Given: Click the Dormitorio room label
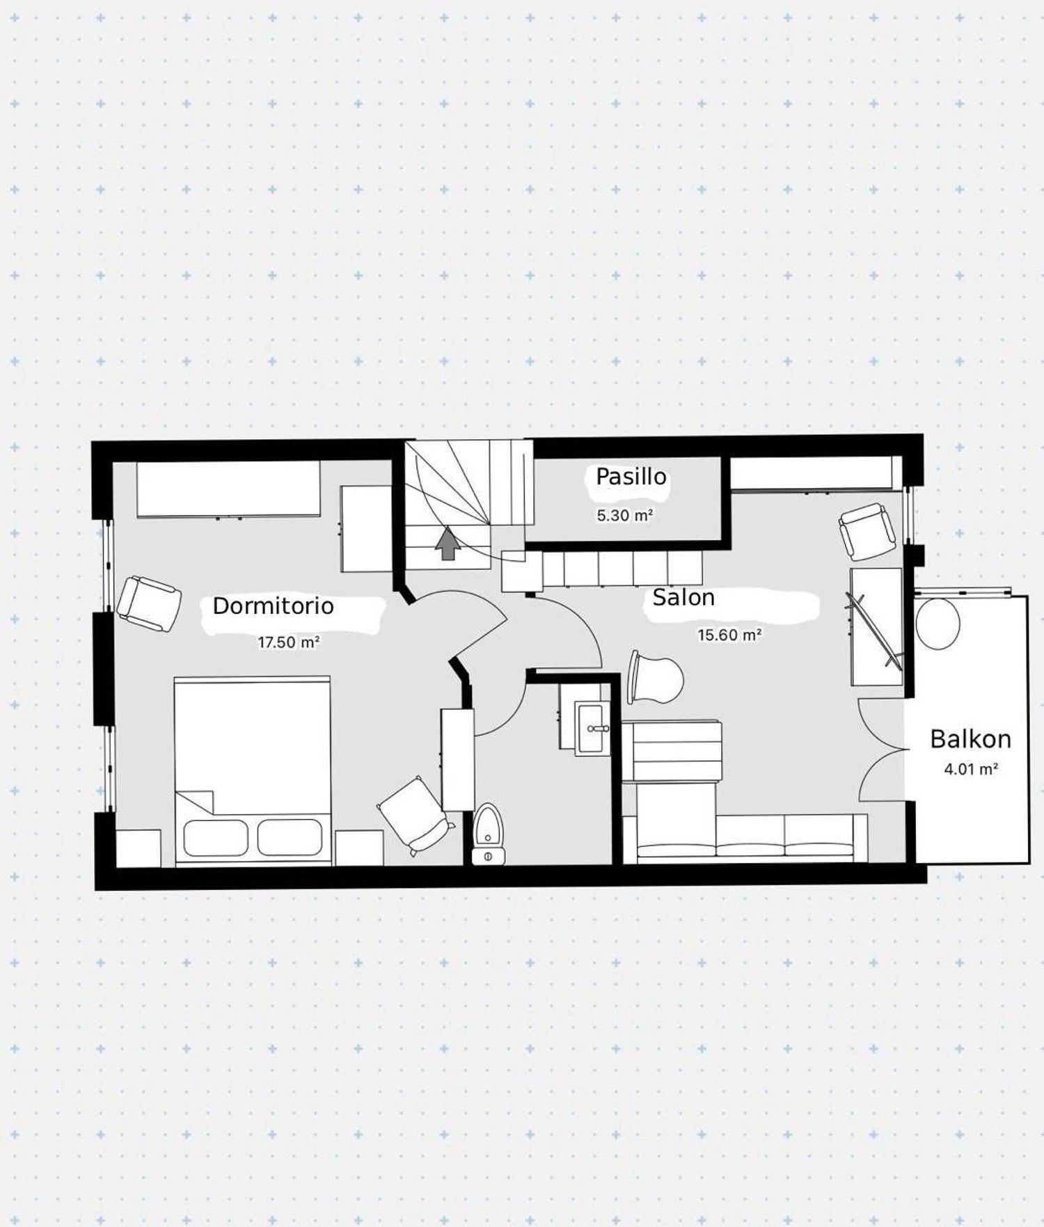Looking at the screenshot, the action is (273, 605).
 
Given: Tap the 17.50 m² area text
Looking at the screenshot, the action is (288, 642).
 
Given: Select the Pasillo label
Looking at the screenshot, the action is (631, 477).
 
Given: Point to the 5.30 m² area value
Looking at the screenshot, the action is (624, 516).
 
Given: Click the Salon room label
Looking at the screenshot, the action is (683, 597).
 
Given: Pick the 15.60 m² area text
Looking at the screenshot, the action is (729, 635).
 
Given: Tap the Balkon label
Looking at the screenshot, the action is (970, 739).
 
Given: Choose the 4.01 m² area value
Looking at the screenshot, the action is (971, 769).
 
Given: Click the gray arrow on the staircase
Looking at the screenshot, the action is (448, 544).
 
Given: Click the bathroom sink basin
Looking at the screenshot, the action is (593, 728).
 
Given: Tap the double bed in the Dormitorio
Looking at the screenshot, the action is (252, 771).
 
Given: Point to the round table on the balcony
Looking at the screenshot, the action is (938, 624).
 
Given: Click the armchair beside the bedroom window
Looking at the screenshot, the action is (149, 603).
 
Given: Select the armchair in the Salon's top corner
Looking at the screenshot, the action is (867, 531).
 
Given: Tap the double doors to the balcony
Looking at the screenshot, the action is (883, 750).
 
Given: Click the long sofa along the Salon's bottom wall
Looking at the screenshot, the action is (745, 839).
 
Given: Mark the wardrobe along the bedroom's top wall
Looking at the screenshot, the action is (228, 489).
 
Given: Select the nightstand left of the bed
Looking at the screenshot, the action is (138, 848).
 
